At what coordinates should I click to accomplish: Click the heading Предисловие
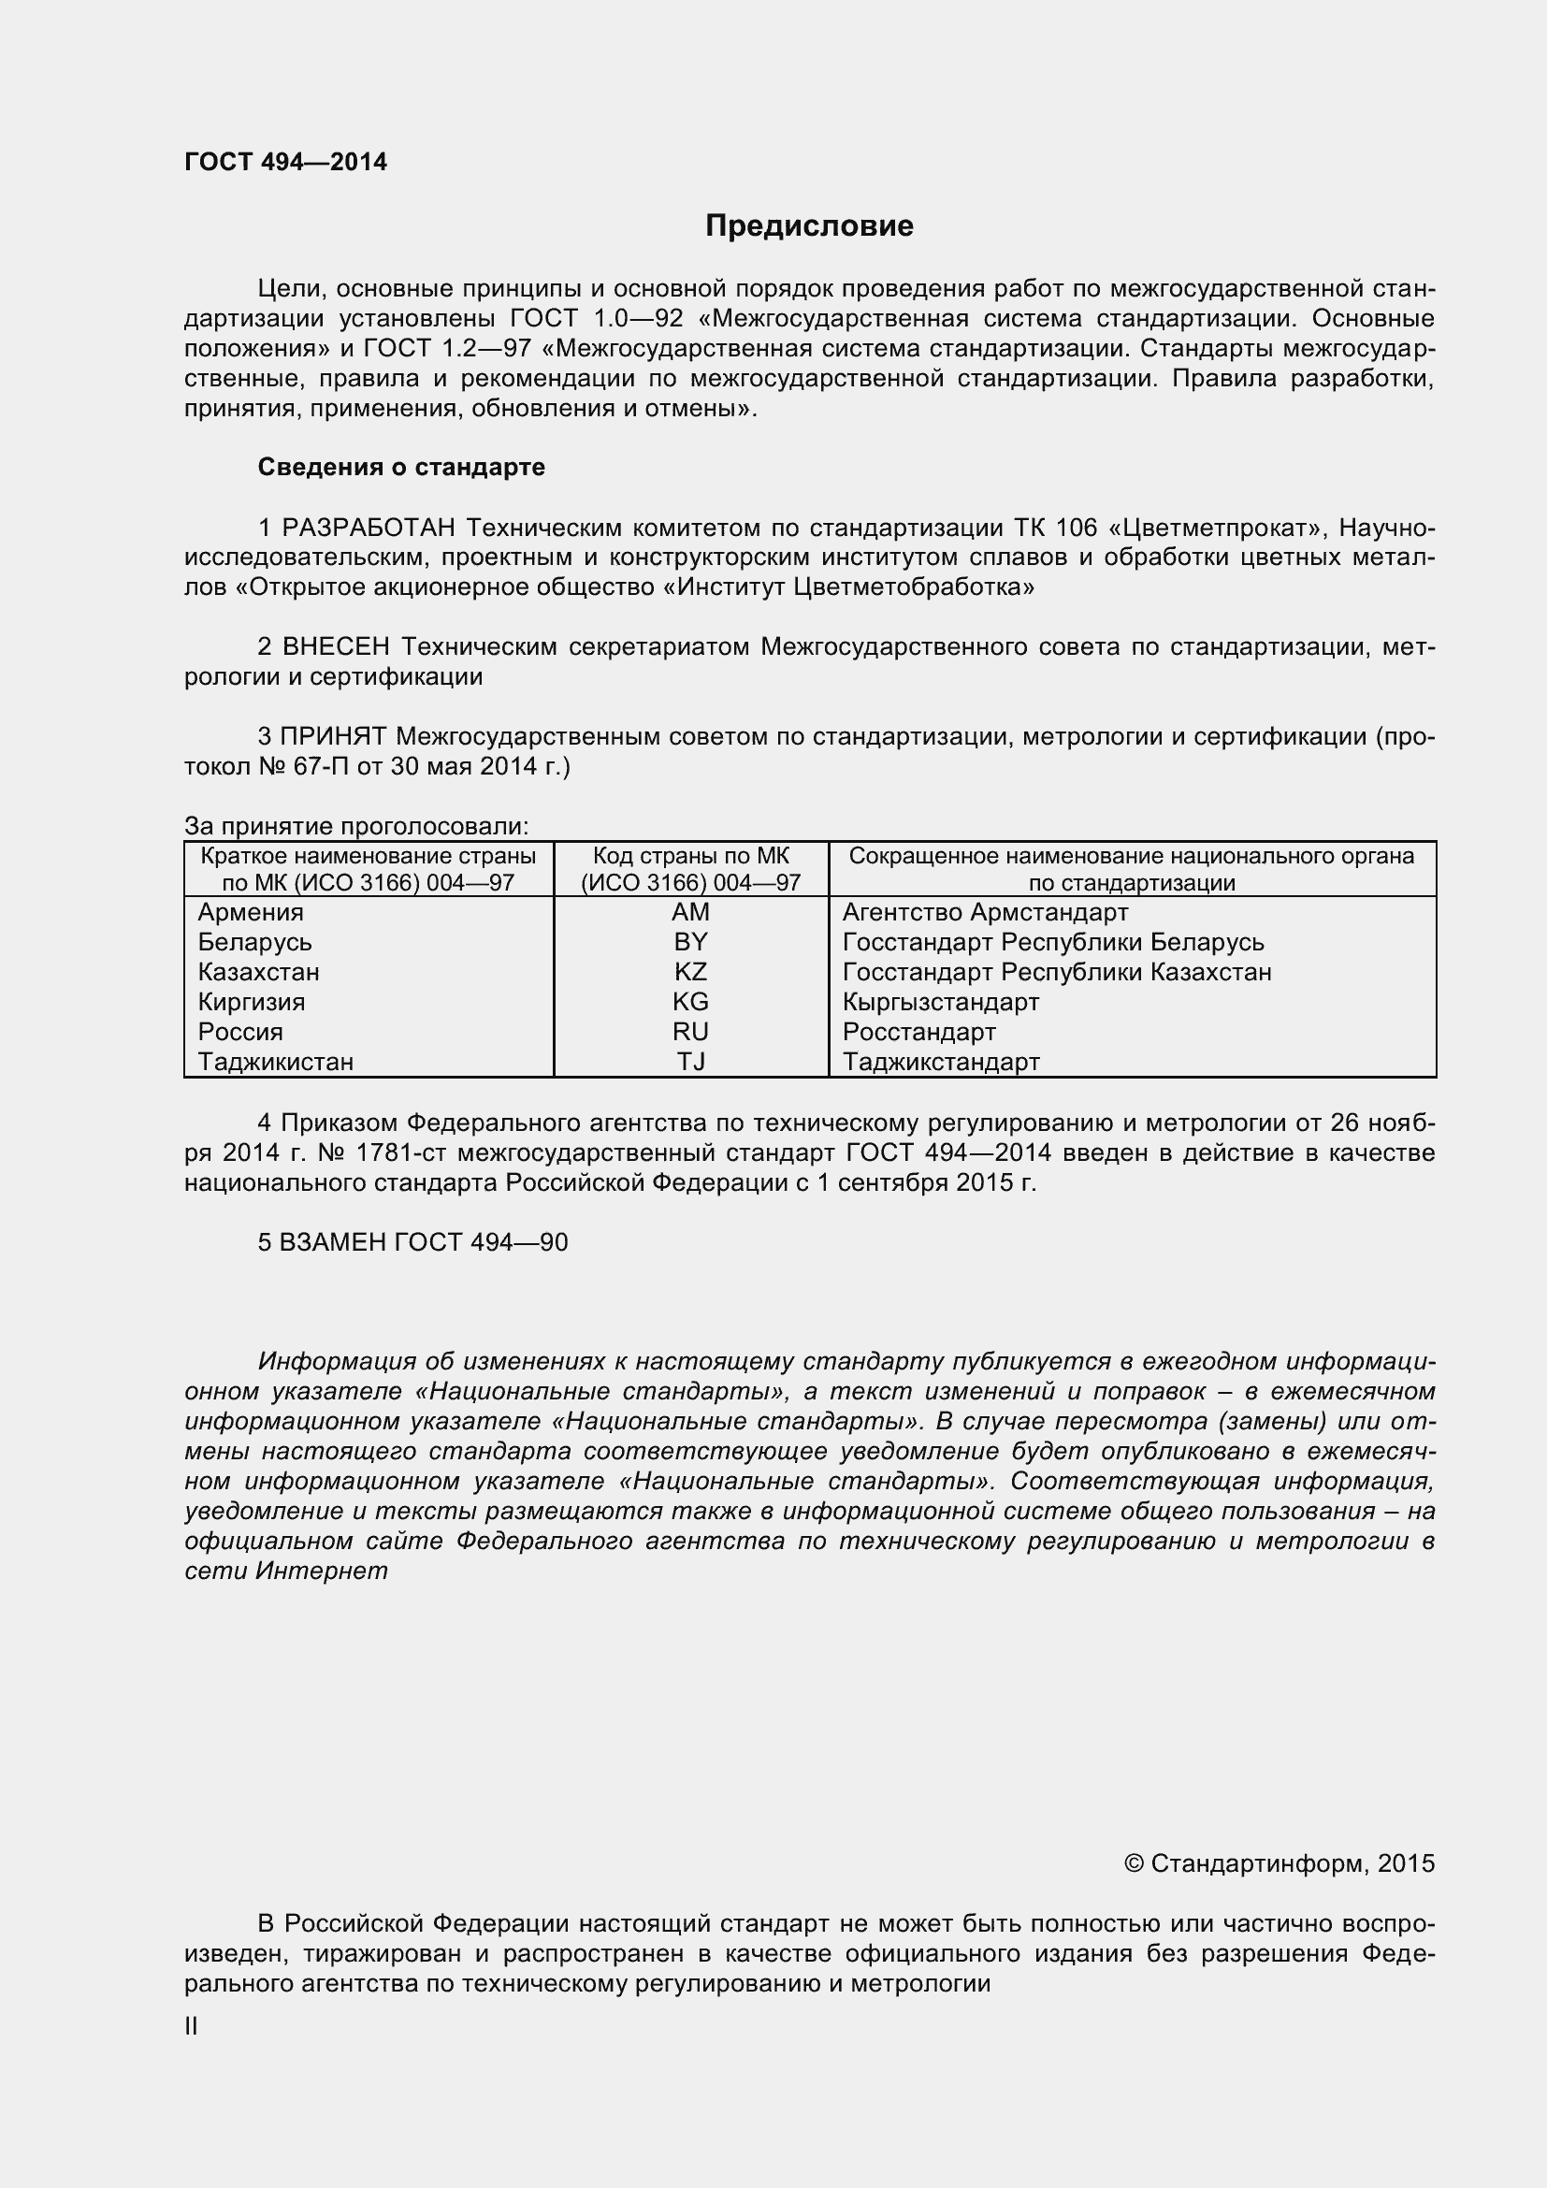click(x=809, y=225)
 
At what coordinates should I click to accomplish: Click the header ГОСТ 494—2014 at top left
click(x=286, y=162)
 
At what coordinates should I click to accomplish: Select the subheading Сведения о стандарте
click(x=401, y=467)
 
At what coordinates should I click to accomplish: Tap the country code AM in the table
click(x=690, y=912)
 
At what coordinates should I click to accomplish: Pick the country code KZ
click(x=690, y=972)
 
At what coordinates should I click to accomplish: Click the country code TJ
click(x=690, y=1062)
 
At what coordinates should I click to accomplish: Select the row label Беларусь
click(x=254, y=943)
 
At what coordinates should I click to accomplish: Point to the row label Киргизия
click(x=252, y=1003)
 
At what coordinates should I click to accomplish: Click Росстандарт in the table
click(x=919, y=1032)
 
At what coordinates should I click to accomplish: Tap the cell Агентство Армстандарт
click(x=985, y=912)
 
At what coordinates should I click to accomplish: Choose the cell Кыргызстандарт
click(x=940, y=1003)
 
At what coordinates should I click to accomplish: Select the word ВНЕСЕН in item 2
click(x=337, y=647)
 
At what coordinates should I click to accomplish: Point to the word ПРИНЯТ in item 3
click(x=333, y=736)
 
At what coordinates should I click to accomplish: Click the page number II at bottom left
click(x=192, y=2026)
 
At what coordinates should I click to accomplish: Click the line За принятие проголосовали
click(x=356, y=826)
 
